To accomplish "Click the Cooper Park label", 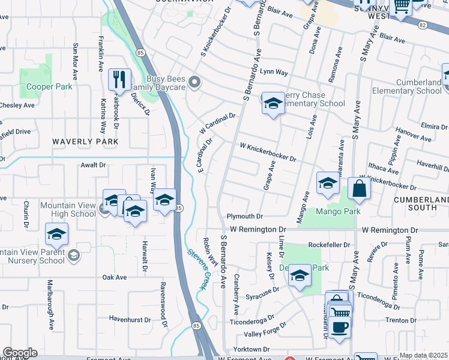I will click(49, 86).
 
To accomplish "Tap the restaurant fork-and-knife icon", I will click(119, 79).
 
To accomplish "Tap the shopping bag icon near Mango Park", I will click(359, 188).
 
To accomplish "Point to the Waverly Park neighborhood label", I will click(85, 142).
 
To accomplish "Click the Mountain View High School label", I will click(68, 209).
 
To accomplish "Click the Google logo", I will click(20, 353).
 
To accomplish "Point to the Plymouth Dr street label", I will click(245, 216).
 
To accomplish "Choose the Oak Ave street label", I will click(114, 277).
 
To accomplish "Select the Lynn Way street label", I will click(274, 72).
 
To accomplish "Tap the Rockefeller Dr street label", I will click(328, 245).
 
